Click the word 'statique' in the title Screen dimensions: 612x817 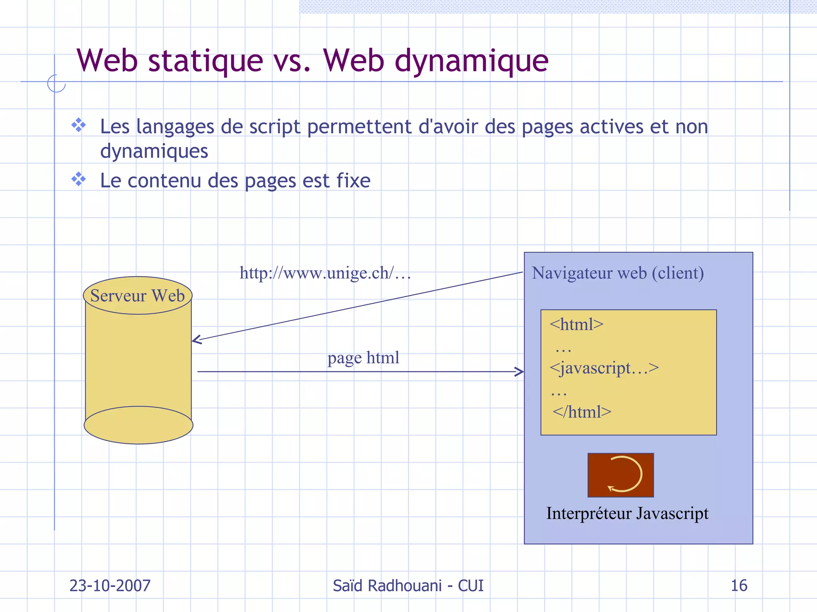pos(205,61)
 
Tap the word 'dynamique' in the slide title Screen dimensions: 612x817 pos(472,61)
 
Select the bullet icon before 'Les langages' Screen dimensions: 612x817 pos(79,126)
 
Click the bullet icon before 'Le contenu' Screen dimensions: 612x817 pos(79,179)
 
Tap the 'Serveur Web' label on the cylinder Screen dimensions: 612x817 pos(138,296)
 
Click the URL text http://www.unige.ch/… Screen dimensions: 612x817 pos(325,273)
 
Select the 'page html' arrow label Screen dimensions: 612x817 pos(363,357)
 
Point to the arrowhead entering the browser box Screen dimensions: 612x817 pos(520,372)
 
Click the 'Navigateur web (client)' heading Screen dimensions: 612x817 pos(618,273)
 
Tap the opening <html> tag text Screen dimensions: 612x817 pos(576,324)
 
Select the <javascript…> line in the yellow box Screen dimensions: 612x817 pos(604,368)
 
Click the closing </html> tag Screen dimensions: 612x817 pos(582,412)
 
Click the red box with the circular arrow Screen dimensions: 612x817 pos(621,475)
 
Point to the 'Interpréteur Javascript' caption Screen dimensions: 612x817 pos(627,513)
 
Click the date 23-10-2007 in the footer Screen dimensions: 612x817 pos(110,586)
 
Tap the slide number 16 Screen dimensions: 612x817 pos(739,586)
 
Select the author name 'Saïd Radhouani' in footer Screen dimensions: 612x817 pos(387,586)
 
